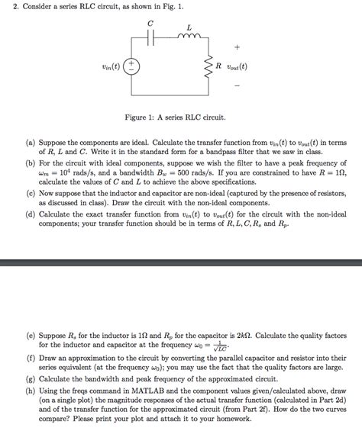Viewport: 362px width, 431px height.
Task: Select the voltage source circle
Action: click(133, 66)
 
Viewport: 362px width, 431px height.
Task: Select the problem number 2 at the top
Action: click(7, 6)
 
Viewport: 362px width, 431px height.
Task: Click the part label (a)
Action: click(31, 142)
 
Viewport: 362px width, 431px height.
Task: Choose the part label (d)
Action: click(31, 216)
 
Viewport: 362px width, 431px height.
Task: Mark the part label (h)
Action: click(31, 389)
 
